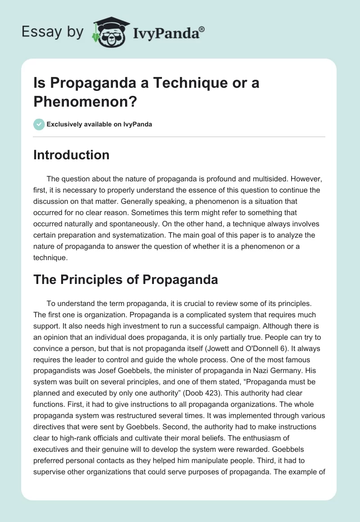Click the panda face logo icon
(x=110, y=33)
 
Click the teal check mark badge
(x=39, y=124)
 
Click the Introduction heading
(x=72, y=155)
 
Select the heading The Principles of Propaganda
(x=126, y=279)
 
